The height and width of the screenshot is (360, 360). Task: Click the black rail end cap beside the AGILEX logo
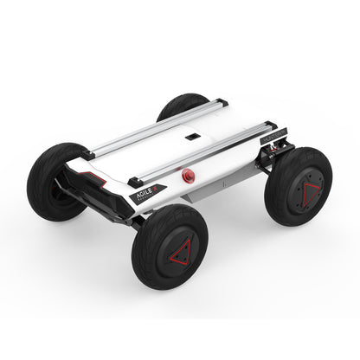tap(133, 181)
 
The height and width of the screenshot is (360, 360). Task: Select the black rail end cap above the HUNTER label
tap(272, 127)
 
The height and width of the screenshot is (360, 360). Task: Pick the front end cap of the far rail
tap(87, 156)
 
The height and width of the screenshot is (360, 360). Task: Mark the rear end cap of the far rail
tap(222, 102)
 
